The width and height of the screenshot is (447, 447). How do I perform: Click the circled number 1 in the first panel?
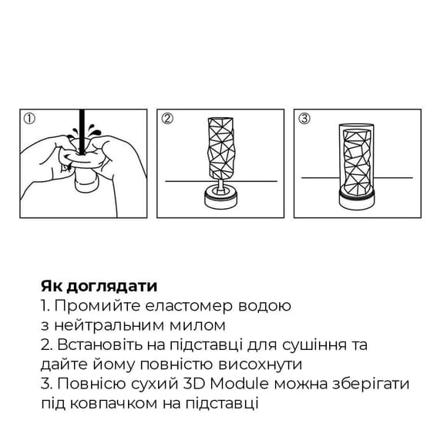point(30,119)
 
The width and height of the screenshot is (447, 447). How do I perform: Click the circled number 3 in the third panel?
point(305,119)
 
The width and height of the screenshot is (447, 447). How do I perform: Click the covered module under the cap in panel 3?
point(359,163)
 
